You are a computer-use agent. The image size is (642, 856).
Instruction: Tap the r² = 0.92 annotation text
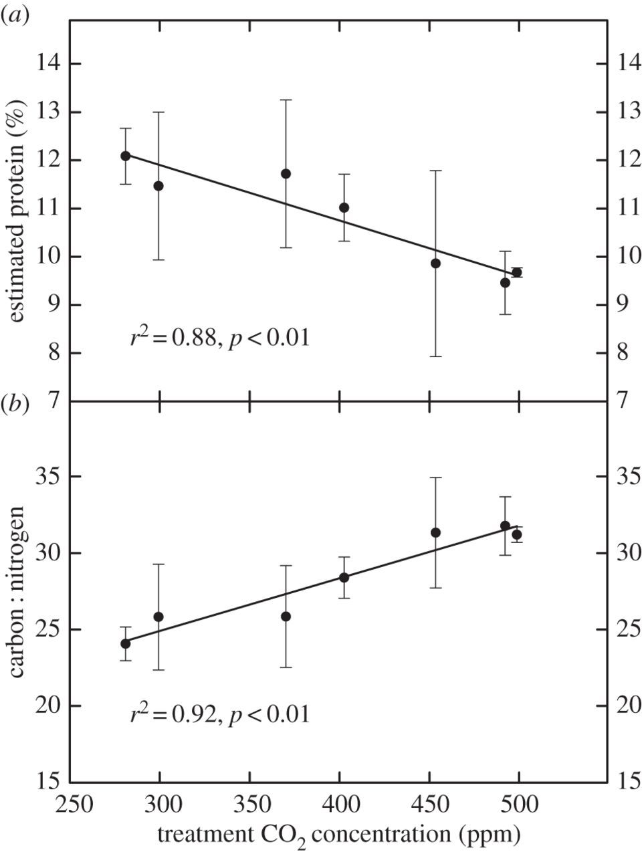[x=220, y=715]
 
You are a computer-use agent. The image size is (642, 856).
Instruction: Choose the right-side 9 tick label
[x=624, y=305]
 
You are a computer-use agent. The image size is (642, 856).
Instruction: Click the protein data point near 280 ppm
[x=125, y=156]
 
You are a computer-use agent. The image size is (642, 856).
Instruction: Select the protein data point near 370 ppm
[x=286, y=174]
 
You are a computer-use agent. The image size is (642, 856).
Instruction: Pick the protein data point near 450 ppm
[x=435, y=263]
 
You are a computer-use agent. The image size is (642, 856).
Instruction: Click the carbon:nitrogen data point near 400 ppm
[x=344, y=577]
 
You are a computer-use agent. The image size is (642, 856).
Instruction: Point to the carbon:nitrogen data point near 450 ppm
[x=435, y=532]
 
